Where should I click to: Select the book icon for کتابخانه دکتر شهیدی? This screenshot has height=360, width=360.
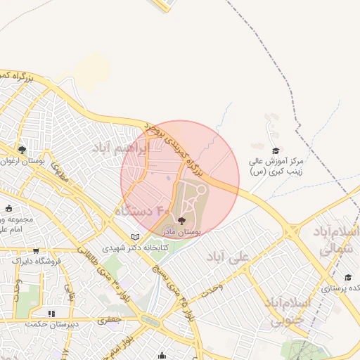click(x=135, y=237)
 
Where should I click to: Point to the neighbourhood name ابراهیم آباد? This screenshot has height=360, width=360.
click(x=122, y=148)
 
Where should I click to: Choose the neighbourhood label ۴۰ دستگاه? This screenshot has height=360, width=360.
click(x=143, y=210)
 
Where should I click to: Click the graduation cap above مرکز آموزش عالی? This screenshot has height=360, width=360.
click(x=276, y=150)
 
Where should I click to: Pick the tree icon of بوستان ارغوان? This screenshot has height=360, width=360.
click(x=22, y=150)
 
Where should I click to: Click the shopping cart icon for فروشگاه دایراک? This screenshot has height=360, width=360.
click(x=35, y=250)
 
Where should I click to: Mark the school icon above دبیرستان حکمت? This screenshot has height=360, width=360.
click(x=51, y=314)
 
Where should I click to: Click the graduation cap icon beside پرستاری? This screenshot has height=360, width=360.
click(x=347, y=277)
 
